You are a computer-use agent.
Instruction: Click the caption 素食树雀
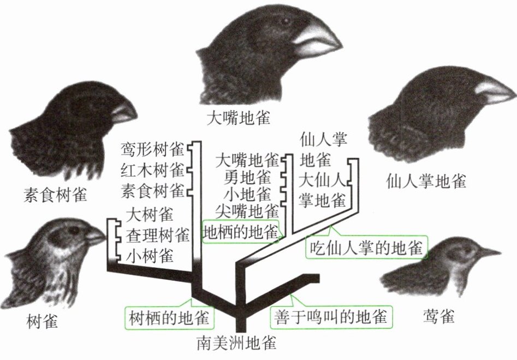(x=56, y=194)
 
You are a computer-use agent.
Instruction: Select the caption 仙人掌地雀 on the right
(x=426, y=180)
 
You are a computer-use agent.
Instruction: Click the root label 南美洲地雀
(x=236, y=344)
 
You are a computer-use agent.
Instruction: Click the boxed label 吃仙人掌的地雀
(x=366, y=248)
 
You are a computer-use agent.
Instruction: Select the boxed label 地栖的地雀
(x=240, y=232)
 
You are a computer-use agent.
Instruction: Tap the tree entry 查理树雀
(x=158, y=236)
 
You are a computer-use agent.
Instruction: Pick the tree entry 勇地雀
(x=247, y=177)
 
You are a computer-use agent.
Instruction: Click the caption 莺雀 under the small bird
(x=438, y=316)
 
